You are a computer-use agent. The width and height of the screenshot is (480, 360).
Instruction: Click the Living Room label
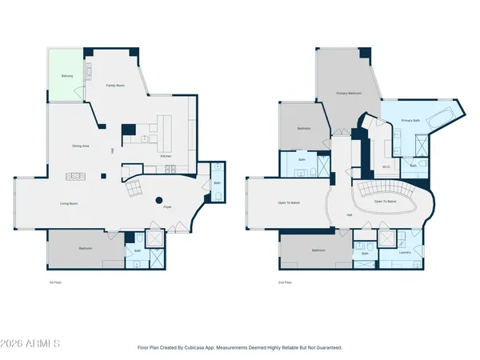[69, 203]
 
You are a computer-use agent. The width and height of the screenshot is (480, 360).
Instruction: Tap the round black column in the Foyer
[158, 200]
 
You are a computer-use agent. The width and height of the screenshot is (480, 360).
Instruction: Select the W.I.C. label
[385, 167]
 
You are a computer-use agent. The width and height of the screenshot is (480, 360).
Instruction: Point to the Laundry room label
[405, 252]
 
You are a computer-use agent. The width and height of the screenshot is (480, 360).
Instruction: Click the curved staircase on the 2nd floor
[385, 190]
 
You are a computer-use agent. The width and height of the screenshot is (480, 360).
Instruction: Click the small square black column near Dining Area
[102, 176]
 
